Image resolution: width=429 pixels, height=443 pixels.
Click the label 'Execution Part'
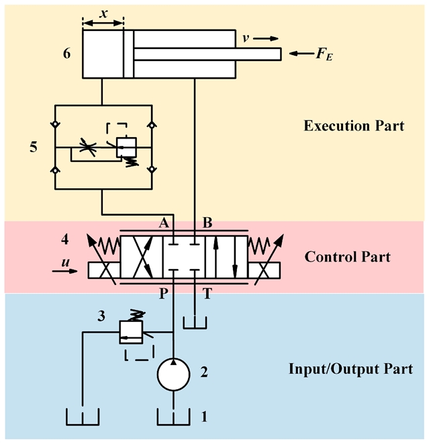point(354,126)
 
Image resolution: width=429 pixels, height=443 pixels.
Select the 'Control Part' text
point(347,257)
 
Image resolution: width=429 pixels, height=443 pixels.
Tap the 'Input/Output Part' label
point(350,368)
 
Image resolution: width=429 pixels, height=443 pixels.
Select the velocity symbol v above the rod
point(246,38)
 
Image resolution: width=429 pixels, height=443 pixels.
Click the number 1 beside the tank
point(205,417)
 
